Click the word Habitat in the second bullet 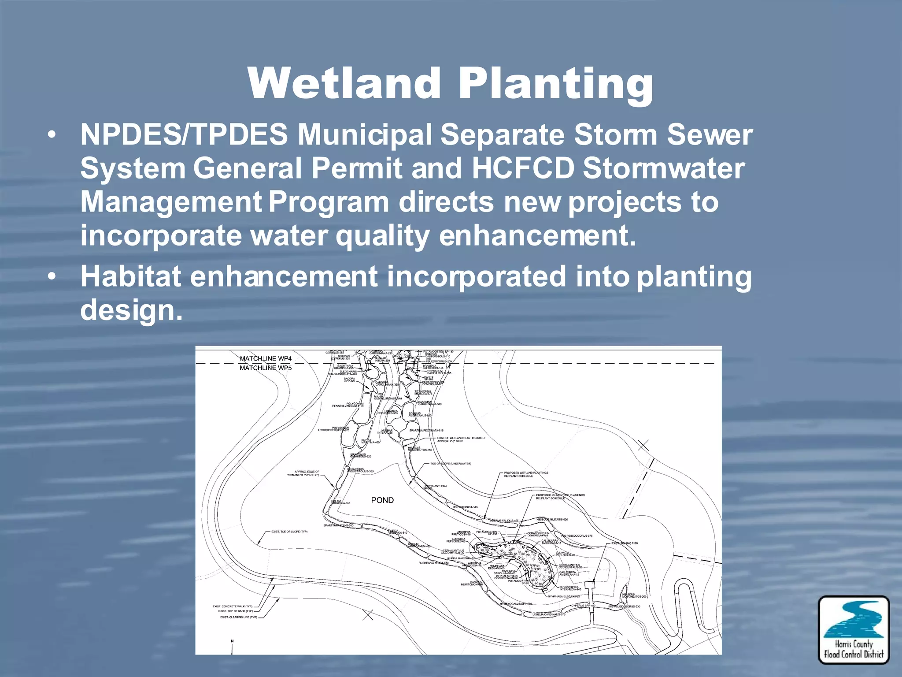coord(130,276)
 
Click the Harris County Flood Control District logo coord(854,629)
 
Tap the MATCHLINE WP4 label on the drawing coord(266,358)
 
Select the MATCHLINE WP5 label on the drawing coord(266,368)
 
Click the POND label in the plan coord(382,500)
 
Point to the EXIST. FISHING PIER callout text coord(625,543)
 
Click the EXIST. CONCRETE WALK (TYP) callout coord(233,606)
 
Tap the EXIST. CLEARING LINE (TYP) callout coord(238,617)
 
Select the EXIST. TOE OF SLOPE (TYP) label coord(289,532)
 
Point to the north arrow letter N coord(232,641)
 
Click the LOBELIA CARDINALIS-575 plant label coord(549,614)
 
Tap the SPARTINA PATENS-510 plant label coord(338,525)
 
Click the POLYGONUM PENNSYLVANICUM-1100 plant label coord(348,405)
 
